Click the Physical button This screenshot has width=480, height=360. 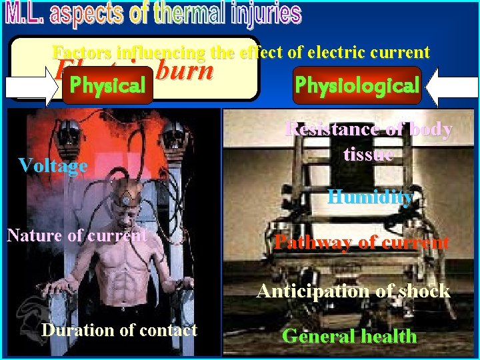107,86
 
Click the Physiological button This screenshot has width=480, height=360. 357,85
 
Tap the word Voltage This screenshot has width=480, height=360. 53,165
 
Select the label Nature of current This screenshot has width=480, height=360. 77,235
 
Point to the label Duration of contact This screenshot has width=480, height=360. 119,330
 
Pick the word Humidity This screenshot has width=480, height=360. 369,197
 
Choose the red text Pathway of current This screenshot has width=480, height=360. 361,242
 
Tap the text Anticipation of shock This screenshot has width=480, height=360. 353,291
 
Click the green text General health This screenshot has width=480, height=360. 349,336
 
